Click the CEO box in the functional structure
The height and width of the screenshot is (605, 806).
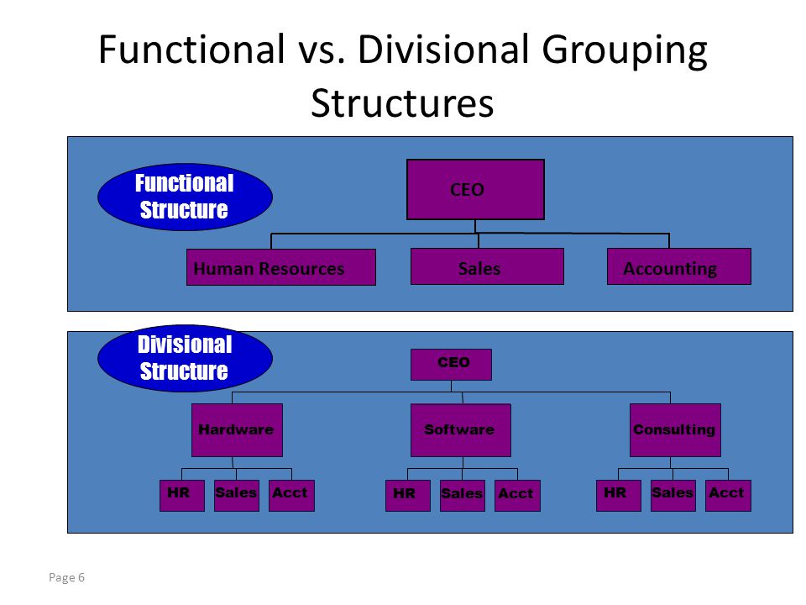pos(475,189)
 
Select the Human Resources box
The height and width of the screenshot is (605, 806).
pos(281,267)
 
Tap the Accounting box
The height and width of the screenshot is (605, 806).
pos(679,266)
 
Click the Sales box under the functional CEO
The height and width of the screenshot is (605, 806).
pos(487,266)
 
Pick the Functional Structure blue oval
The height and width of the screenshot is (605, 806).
pos(185,197)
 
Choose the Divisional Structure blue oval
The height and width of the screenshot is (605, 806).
pos(185,358)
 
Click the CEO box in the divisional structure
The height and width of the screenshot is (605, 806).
pos(452,365)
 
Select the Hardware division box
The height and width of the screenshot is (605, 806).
pos(237,430)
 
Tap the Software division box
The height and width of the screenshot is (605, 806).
pos(461,430)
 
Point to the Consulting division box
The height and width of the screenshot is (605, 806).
pos(675,430)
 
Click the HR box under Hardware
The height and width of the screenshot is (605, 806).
pos(182,496)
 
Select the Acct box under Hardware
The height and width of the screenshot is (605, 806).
pos(291,496)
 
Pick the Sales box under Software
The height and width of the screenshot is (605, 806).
pos(463,496)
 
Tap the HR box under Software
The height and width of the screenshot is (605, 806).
pos(408,496)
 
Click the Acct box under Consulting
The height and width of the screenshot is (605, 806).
pos(729,496)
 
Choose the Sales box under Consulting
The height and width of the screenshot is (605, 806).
pos(673,496)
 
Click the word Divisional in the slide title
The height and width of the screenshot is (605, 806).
pos(443,50)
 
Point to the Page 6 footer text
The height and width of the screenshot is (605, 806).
pos(67,578)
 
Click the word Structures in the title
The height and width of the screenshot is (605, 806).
pos(402,103)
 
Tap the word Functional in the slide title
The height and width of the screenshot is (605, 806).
pos(191,50)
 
